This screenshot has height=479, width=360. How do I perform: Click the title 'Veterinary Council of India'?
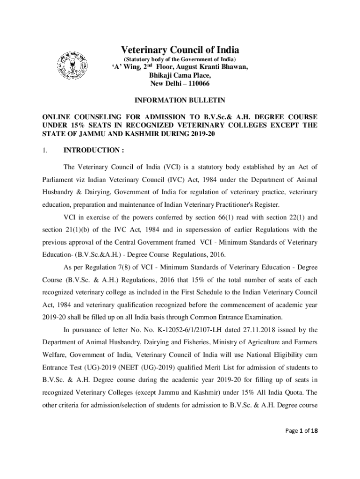180,50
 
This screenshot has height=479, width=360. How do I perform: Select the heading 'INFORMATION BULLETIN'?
180,100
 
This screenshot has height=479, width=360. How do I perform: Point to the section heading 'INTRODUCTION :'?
94,150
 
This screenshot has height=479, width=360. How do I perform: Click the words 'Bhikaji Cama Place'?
180,75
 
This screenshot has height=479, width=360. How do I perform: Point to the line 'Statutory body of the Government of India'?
180,59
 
